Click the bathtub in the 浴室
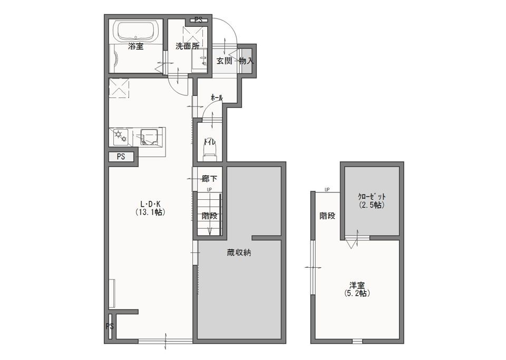(135, 32)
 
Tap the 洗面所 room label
(188, 46)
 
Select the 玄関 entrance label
(224, 61)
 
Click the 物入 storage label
(247, 61)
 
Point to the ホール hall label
(217, 98)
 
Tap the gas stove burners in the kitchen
(120, 137)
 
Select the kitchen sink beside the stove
(149, 137)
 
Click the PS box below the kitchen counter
(121, 157)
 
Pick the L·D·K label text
(150, 204)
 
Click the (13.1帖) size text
(150, 212)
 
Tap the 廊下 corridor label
(209, 178)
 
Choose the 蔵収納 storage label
(239, 252)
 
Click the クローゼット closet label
(372, 197)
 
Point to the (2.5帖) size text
(372, 205)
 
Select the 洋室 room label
(357, 286)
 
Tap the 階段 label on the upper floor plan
(327, 216)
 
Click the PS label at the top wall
(198, 20)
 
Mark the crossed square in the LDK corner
(119, 88)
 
